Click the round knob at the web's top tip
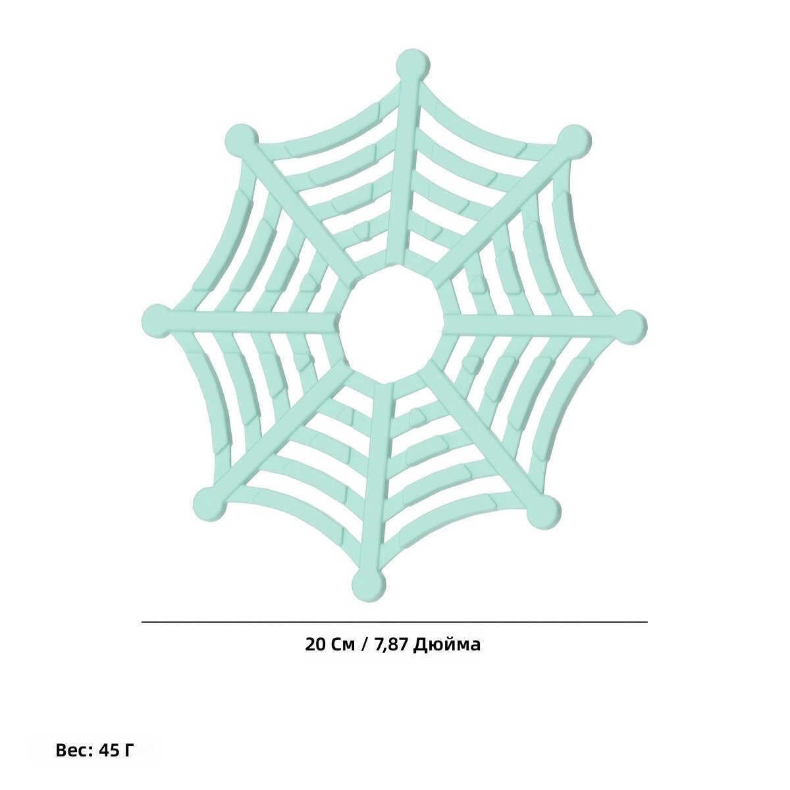click(413, 66)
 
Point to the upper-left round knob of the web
click(242, 141)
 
